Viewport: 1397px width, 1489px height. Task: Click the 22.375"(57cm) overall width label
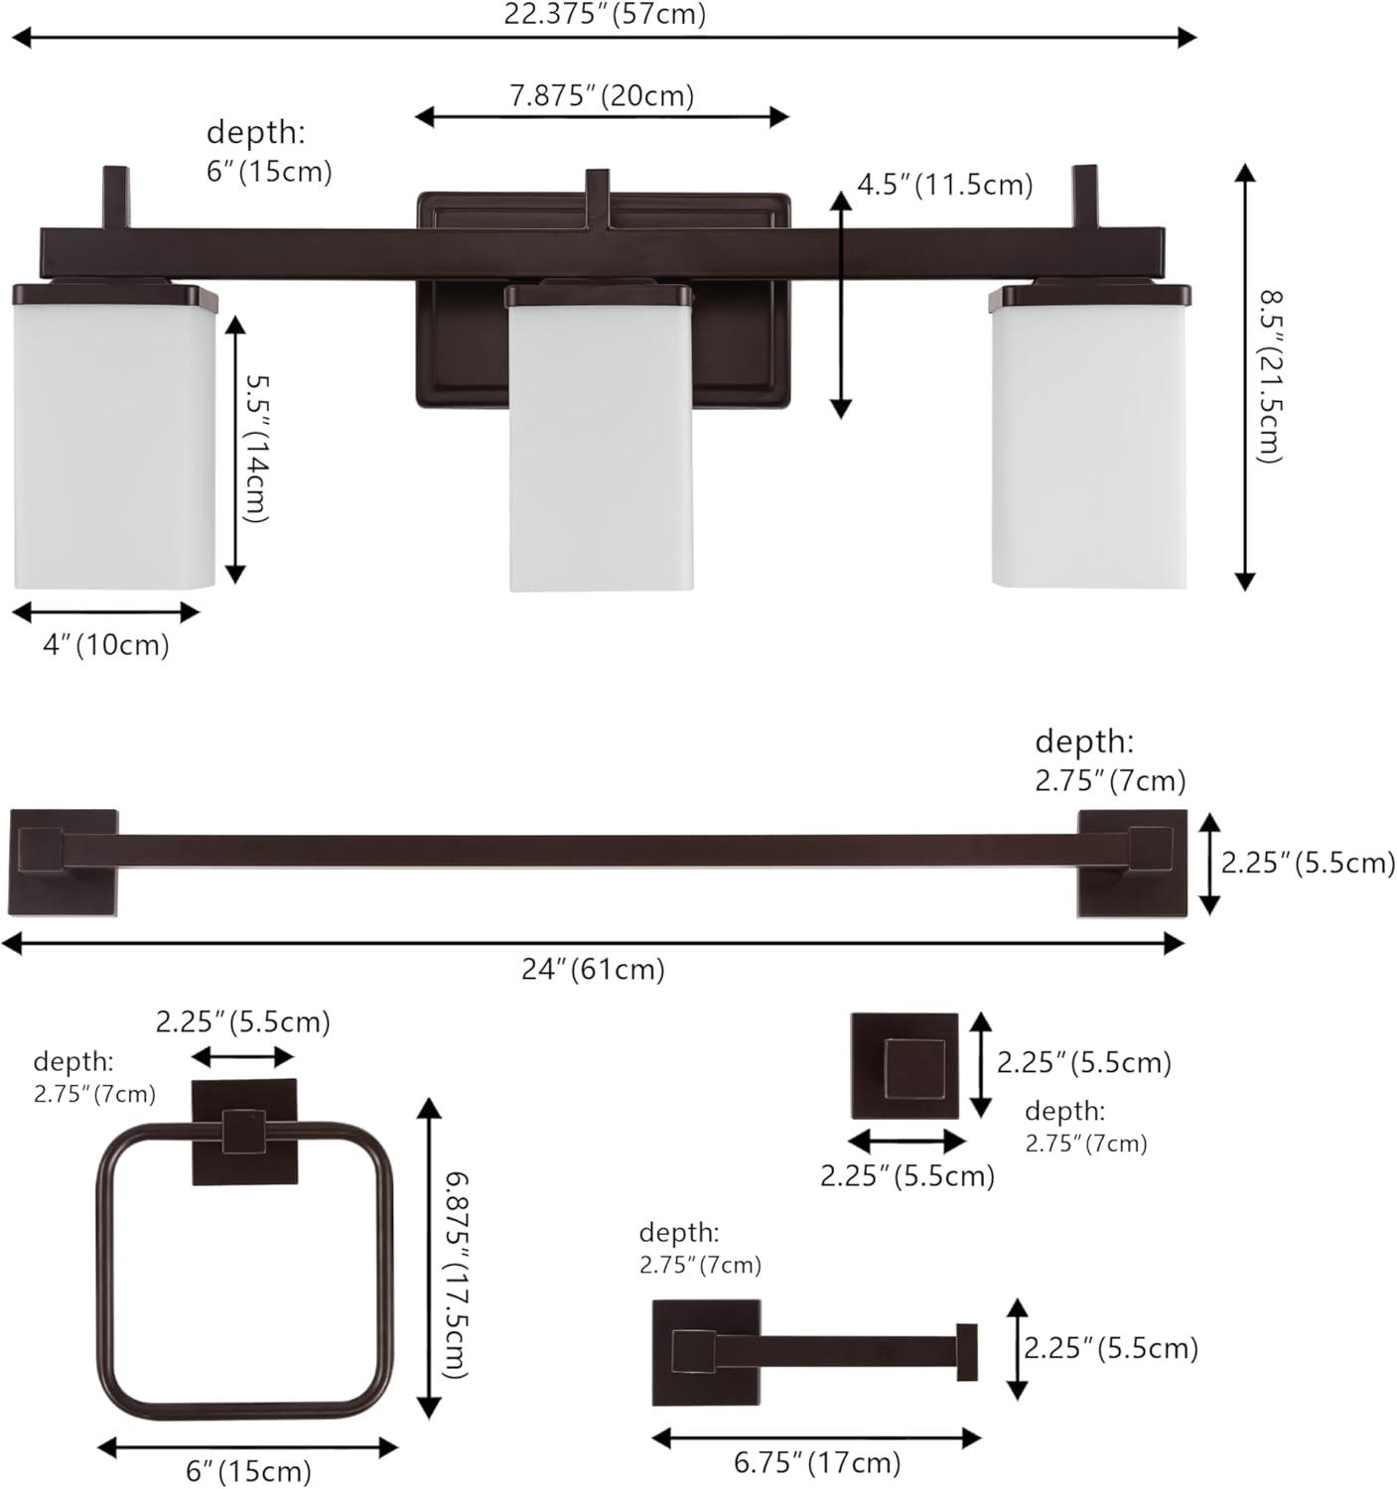point(605,14)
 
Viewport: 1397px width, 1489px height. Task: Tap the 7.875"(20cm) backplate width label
point(602,96)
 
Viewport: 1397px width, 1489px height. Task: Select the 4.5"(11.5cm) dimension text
point(944,185)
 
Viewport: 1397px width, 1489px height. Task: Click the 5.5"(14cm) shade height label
point(256,449)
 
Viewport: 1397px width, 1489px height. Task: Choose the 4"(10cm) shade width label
point(106,645)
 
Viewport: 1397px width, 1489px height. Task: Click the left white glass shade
point(115,437)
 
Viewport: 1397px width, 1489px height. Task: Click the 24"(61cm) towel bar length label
point(594,970)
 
